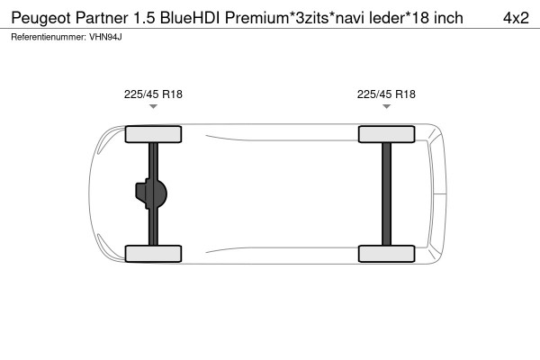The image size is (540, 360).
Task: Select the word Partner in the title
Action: click(x=102, y=17)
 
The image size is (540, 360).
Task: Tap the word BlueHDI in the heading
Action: click(x=192, y=17)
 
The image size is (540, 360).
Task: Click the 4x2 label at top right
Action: click(x=513, y=17)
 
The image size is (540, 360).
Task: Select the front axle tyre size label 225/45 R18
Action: click(x=153, y=94)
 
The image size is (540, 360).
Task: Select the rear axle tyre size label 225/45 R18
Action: click(x=386, y=94)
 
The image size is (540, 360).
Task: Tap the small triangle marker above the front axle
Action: click(x=153, y=107)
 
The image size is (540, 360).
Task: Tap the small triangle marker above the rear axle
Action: click(x=386, y=107)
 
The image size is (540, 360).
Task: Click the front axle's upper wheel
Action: click(x=153, y=135)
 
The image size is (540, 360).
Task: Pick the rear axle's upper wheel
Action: click(x=386, y=135)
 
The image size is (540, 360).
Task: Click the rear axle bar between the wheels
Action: click(x=386, y=193)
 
